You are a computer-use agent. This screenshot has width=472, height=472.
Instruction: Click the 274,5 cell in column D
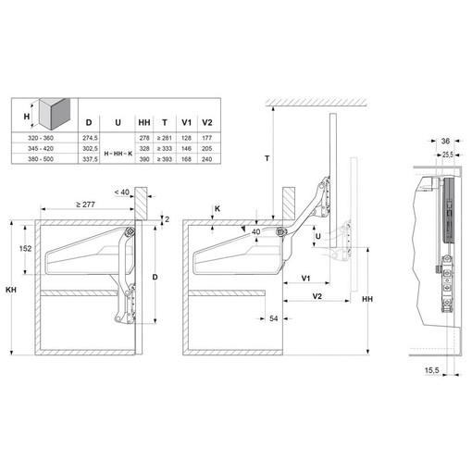[90, 138]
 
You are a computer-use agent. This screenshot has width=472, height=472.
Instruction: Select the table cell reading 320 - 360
[41, 138]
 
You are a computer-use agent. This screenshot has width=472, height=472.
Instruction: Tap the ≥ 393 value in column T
[165, 159]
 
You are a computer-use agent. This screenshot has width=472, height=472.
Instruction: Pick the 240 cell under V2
[207, 159]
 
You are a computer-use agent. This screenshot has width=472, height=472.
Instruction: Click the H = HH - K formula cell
[118, 154]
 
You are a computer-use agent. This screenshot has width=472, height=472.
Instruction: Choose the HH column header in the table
[144, 123]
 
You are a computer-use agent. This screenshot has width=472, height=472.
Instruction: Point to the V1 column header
[186, 123]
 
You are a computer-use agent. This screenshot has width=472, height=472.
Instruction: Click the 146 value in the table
[186, 149]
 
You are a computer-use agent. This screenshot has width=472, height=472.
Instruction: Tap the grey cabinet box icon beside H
[55, 114]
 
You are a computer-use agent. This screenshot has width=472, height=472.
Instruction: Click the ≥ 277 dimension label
[85, 205]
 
